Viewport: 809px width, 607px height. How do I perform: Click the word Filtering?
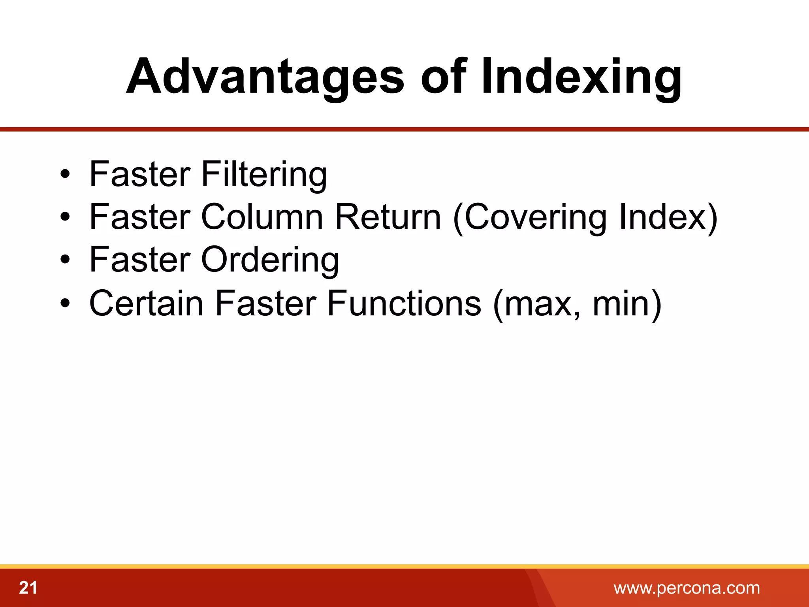[x=264, y=174]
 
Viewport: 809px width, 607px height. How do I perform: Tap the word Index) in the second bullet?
[x=668, y=217]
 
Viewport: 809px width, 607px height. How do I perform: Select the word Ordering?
[x=270, y=260]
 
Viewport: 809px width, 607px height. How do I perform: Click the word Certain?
[x=146, y=303]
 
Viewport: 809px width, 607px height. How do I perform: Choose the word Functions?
[x=404, y=303]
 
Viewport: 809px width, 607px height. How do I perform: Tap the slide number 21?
[x=28, y=588]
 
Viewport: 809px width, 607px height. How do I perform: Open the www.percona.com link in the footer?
[x=687, y=588]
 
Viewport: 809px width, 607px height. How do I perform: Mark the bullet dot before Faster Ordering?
[x=65, y=260]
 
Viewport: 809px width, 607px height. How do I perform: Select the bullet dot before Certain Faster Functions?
[x=65, y=303]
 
